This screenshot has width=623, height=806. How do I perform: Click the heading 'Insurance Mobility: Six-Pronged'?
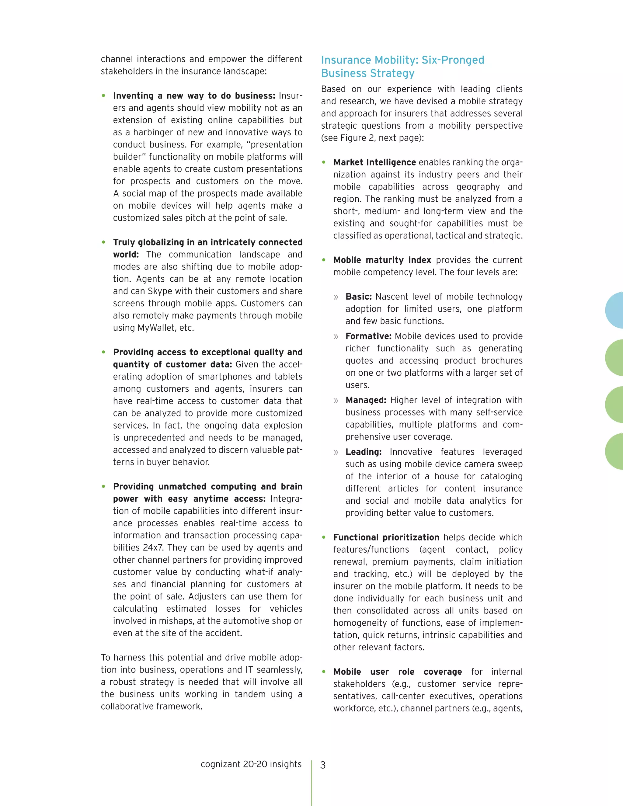[402, 60]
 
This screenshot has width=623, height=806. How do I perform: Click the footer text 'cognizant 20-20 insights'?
[251, 764]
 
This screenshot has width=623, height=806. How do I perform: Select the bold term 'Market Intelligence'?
[374, 162]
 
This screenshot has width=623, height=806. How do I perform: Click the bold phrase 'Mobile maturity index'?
[382, 260]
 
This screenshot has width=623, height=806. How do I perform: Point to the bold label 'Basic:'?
[358, 297]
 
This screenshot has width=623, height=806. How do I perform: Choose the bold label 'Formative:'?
[368, 336]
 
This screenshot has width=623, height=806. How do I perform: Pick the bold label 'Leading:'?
[363, 452]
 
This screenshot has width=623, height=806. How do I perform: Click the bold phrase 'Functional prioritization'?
[386, 537]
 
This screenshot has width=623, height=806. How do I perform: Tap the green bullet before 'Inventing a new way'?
[104, 96]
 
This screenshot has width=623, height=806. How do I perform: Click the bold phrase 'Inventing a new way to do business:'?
[194, 96]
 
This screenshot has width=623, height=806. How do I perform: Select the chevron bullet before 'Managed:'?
[336, 401]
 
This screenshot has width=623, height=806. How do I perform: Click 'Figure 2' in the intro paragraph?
[355, 138]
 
